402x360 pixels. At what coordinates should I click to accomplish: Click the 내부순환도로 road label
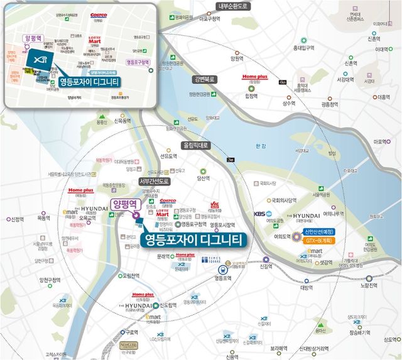coord(233,7)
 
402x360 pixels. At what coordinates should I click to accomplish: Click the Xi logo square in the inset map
coord(40,58)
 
